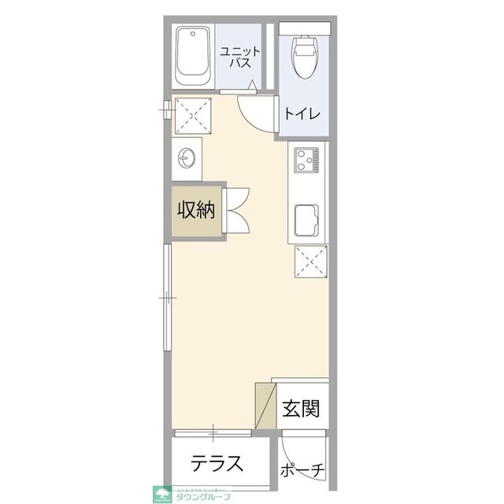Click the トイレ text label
pos(302,113)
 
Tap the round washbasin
pos(187,157)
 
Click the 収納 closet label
pos(195,210)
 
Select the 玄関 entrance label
pos(301,409)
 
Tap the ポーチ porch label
pos(303,470)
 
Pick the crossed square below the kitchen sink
pos(310,261)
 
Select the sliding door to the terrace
pos(213,432)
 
